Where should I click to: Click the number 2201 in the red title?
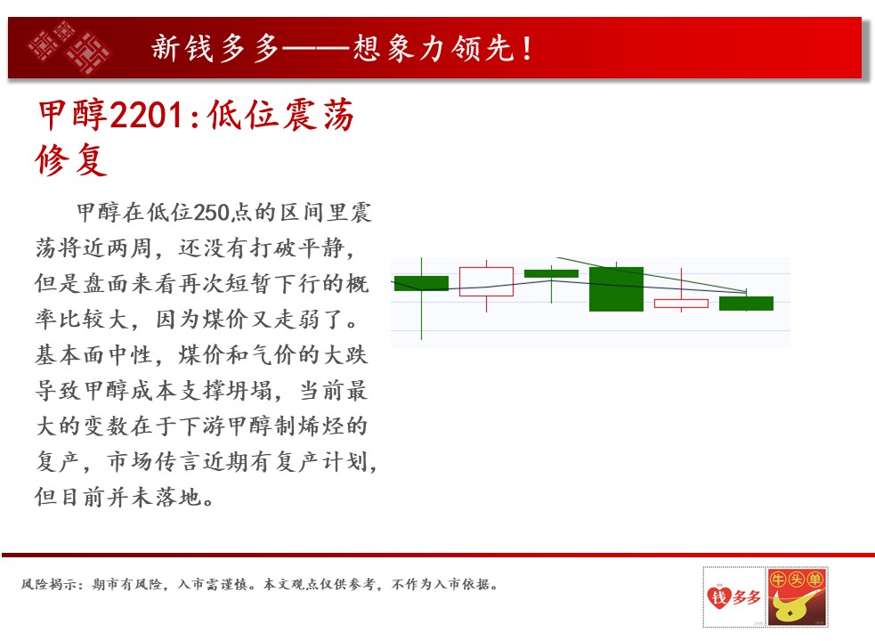pos(146,115)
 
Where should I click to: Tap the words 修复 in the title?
pos(71,159)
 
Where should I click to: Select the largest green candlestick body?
pos(616,288)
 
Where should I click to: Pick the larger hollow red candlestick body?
pos(486,281)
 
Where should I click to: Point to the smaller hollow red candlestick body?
pos(681,304)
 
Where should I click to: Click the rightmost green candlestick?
pos(746,304)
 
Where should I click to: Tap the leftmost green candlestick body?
pos(421,283)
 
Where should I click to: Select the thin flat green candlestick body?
pos(551,273)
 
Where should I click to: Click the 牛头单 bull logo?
pos(797,596)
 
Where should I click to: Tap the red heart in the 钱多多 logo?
pos(719,596)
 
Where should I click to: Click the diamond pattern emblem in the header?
pos(69,47)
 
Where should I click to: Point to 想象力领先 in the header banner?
pos(433,48)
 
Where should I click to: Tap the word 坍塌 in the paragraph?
pos(250,390)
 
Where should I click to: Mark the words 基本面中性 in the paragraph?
pos(93,355)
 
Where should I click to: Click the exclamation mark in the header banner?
pos(527,48)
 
